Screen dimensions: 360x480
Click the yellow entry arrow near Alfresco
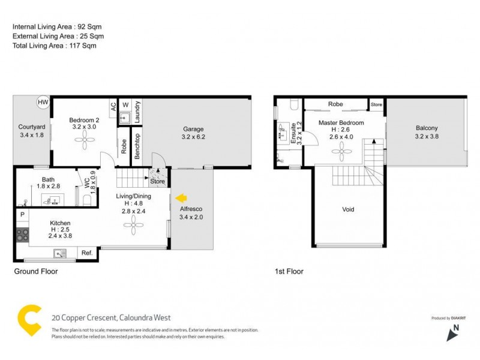click(x=181, y=197)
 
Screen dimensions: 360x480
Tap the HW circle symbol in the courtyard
click(x=43, y=103)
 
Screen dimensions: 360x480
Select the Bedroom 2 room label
click(x=84, y=120)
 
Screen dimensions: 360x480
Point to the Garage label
click(x=193, y=129)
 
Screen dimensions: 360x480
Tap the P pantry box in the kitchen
click(x=22, y=214)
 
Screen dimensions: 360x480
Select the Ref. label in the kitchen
click(x=86, y=253)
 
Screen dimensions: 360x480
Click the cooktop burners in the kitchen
click(x=23, y=234)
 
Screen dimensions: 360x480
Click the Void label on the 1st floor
click(x=348, y=209)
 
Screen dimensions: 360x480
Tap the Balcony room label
click(x=426, y=128)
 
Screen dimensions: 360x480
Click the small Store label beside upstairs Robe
click(x=376, y=105)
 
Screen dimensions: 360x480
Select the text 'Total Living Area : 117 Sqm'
click(x=55, y=45)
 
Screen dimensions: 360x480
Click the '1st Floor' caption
click(x=289, y=271)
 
